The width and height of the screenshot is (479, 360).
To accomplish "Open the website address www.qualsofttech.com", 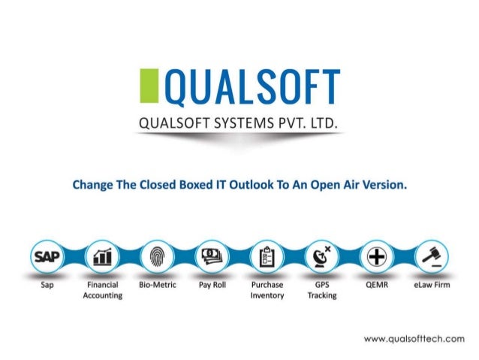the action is tap(414, 339).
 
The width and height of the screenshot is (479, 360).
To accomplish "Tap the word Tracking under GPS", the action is tap(321, 296).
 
